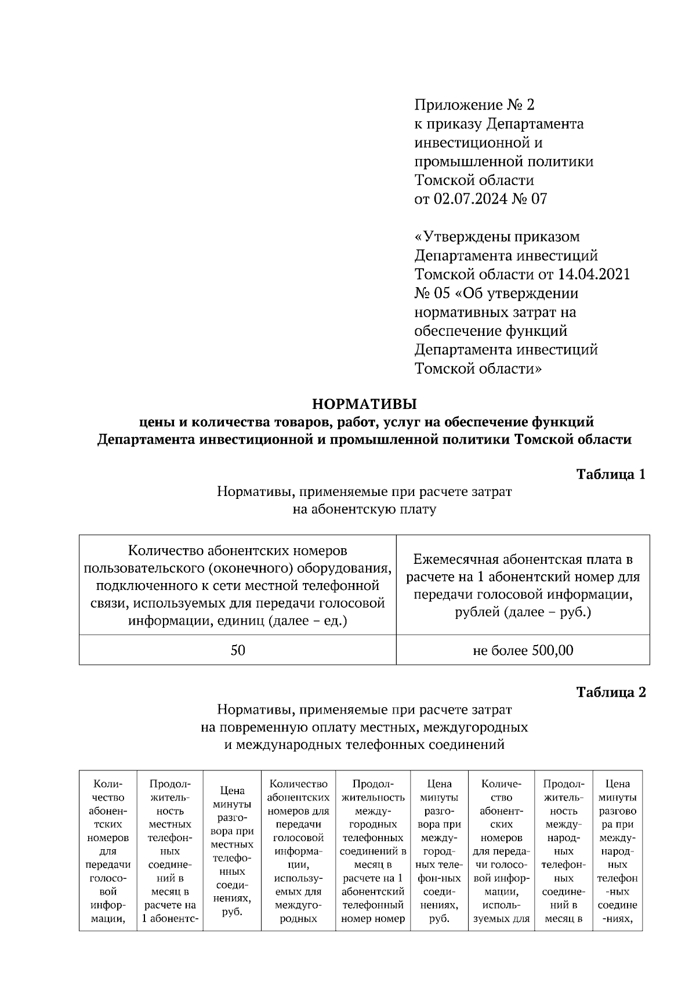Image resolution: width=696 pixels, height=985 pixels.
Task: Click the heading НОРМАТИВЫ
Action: coord(364,403)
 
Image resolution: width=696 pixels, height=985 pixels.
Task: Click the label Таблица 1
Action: coord(610,474)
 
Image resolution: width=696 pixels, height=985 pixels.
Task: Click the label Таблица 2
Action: coord(610,692)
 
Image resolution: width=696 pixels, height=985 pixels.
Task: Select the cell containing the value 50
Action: coord(238,650)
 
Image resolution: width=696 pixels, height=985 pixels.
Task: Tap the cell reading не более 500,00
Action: coord(523,650)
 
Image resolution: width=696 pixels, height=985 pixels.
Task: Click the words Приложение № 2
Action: coord(474,105)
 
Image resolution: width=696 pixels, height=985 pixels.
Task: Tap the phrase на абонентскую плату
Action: coord(364,510)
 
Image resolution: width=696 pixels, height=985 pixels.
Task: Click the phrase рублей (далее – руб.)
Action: coord(523,612)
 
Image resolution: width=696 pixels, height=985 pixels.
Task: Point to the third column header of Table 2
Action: coord(232,850)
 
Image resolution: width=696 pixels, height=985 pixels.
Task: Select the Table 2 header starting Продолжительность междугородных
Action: coord(373,850)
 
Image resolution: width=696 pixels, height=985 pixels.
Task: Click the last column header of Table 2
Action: coord(617,850)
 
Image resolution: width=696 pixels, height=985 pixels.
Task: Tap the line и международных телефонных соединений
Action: coord(364,745)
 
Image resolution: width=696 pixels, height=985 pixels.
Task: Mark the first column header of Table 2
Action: coord(108,850)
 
